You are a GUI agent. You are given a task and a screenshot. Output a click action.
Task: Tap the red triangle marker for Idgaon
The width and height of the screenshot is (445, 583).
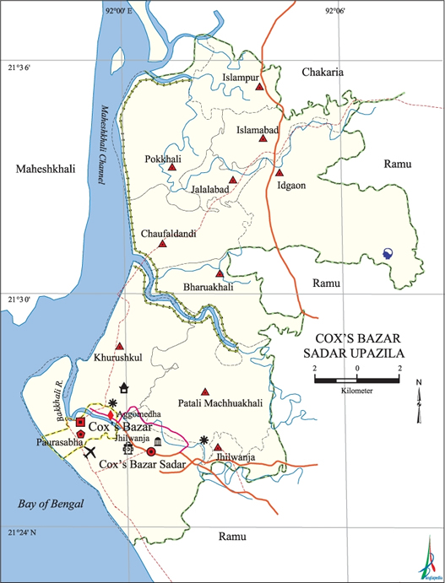coord(279,173)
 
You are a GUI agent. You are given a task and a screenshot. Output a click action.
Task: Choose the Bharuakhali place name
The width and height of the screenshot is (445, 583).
coord(208,287)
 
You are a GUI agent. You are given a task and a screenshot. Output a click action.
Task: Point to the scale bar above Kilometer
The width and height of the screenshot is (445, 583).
coord(357,381)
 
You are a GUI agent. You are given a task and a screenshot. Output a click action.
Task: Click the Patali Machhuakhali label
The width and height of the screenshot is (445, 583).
coord(220,404)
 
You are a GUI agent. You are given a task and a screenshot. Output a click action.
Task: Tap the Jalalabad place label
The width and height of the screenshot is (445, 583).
coord(210,192)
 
